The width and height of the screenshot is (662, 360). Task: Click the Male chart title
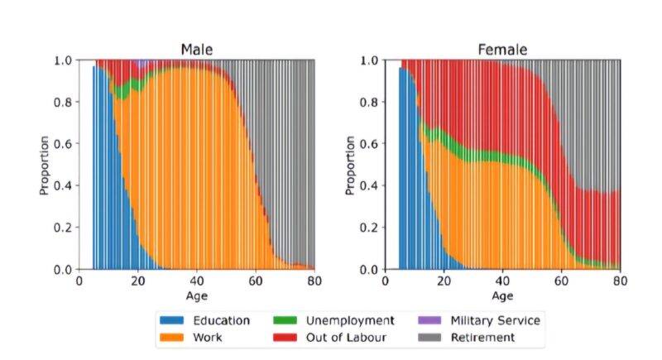pos(197,50)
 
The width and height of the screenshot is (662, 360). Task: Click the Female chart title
pos(502,50)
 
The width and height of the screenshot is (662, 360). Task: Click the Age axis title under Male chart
pos(197,295)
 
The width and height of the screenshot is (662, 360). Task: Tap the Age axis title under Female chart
pos(502,295)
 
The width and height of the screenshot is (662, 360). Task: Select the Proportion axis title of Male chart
pos(45,165)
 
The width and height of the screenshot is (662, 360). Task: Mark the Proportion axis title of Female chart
pos(351,165)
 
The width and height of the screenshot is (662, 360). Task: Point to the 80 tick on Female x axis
pos(620,280)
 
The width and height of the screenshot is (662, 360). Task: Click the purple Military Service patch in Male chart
pos(142,63)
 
